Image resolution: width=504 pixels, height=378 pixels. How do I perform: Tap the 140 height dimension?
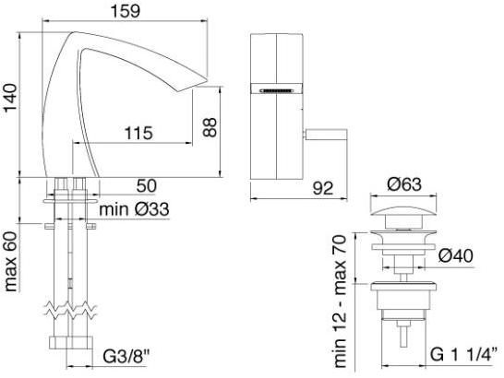coord(9,97)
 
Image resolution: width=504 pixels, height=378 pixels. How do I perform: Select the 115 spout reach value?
coord(138,133)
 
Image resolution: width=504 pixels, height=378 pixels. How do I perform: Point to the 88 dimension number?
coord(210,127)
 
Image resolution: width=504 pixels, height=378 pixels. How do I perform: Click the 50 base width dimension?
coord(147,185)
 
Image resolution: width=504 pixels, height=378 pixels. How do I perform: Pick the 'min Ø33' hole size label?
coord(134,209)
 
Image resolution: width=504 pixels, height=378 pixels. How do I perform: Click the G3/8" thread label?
coord(126,357)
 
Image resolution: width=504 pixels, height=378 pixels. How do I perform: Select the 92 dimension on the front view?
coord(323,188)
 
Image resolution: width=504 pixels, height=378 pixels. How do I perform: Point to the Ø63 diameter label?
coord(404,184)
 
